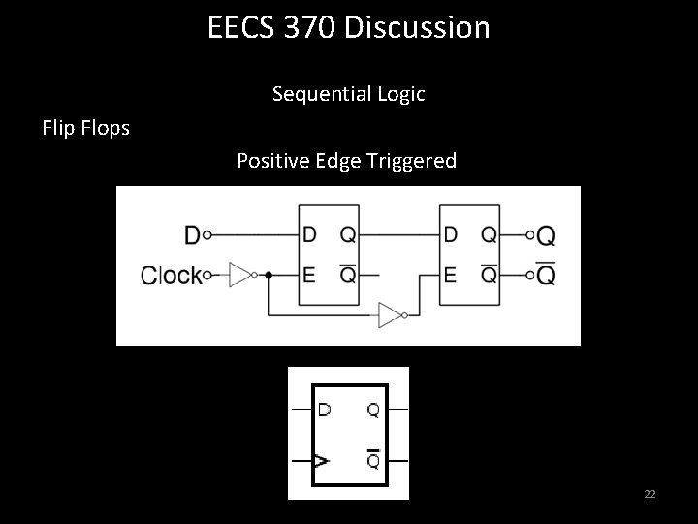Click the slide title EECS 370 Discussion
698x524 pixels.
pos(349,27)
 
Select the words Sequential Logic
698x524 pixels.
pos(348,94)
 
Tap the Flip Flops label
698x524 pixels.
pos(86,127)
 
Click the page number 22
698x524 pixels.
pos(650,495)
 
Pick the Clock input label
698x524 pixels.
pos(171,275)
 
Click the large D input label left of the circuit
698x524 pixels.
pos(192,235)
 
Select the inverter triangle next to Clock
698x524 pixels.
pos(239,275)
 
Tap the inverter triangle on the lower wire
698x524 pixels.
pos(390,313)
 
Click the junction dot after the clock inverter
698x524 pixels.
pos(269,275)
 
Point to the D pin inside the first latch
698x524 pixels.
pos(309,235)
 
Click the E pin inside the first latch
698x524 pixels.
pos(309,275)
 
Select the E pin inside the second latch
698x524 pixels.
pos(450,275)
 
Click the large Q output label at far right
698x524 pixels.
pos(546,235)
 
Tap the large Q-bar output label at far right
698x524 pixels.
pos(546,276)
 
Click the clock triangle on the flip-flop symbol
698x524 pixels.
pos(320,462)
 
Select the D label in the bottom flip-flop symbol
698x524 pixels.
pos(324,409)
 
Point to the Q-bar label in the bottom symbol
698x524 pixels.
pos(373,460)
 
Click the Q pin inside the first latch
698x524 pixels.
pos(346,235)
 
